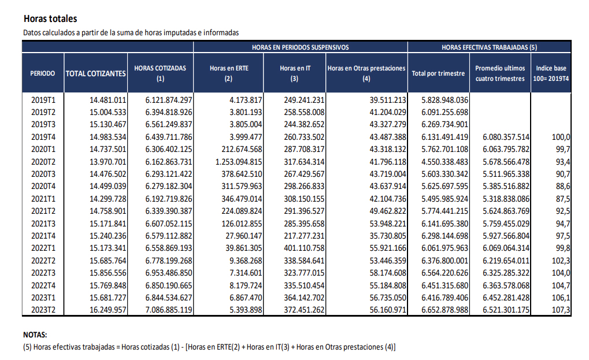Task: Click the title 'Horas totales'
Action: [50, 18]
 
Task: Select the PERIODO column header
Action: [42, 73]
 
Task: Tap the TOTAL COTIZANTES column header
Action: [96, 73]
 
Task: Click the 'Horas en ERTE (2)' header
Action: [229, 73]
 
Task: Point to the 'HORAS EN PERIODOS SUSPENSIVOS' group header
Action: [300, 47]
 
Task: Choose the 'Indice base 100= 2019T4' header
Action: [551, 73]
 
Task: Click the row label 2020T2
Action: [43, 162]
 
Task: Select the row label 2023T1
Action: [43, 298]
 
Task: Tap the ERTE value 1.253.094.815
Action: [239, 162]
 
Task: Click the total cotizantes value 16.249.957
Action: [108, 310]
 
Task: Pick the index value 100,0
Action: [561, 137]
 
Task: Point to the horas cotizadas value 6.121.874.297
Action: [169, 100]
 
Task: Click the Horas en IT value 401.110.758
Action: [304, 248]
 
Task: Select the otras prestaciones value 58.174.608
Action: [388, 273]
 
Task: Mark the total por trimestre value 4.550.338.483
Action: [444, 162]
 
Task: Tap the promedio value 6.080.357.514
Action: [506, 137]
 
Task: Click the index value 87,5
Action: [563, 199]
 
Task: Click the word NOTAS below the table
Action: [35, 335]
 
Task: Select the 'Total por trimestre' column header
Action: [438, 73]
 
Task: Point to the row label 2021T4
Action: [43, 236]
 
